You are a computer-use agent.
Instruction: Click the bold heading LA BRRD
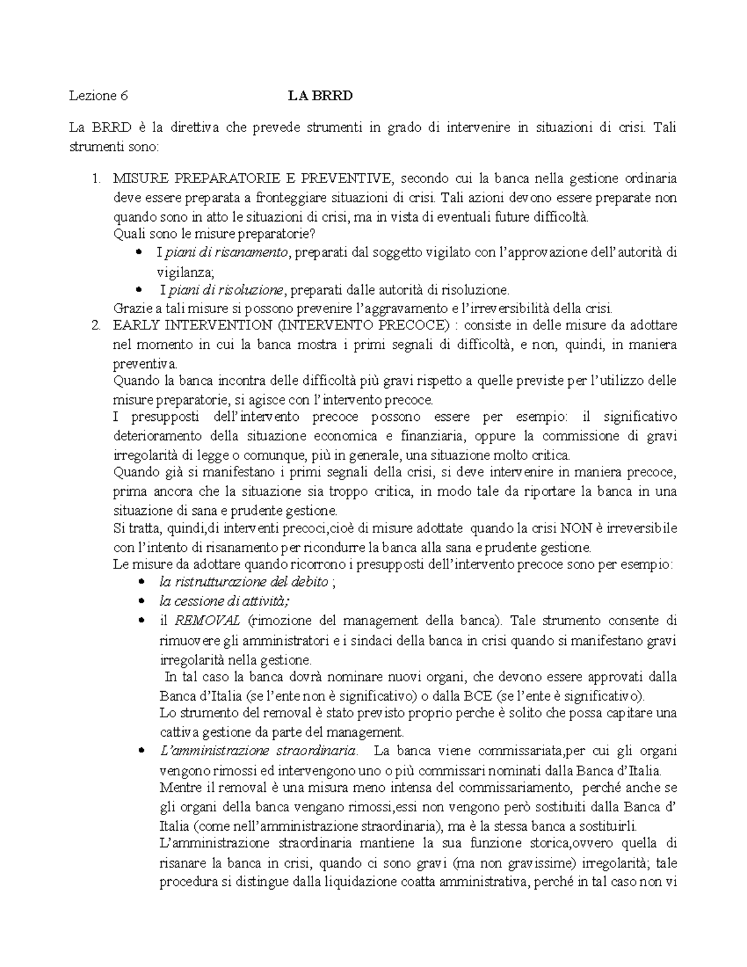point(320,96)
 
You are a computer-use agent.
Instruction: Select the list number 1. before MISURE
point(96,179)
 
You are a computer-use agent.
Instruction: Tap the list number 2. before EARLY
point(96,326)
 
